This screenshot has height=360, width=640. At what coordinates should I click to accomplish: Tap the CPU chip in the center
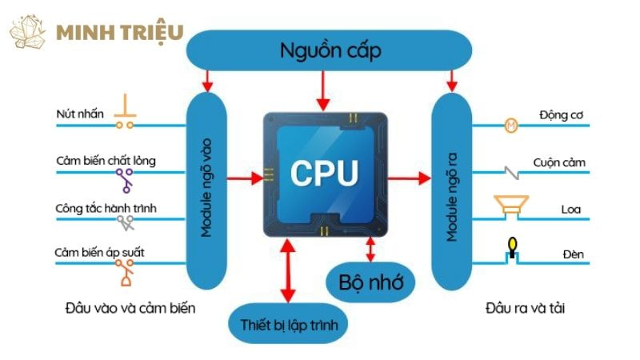click(325, 172)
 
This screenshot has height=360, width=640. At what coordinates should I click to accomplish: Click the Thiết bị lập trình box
click(289, 325)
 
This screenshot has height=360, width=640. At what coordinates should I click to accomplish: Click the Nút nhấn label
click(80, 114)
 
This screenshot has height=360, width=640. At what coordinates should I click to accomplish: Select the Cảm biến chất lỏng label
click(105, 161)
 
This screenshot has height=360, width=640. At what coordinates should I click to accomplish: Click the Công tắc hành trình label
click(106, 209)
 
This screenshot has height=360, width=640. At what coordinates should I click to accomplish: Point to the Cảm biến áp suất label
click(99, 254)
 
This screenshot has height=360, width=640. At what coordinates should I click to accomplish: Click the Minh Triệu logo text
click(120, 33)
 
